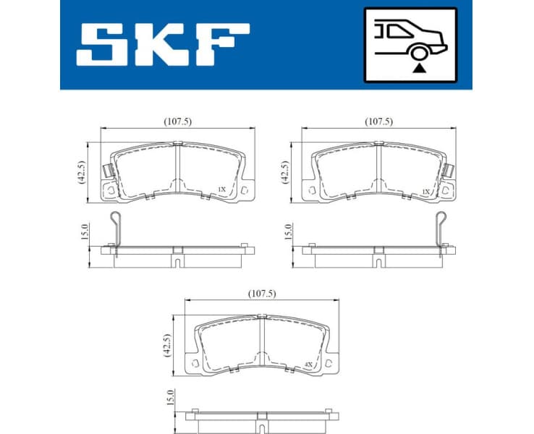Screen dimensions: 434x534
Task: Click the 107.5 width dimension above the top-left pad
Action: point(177,122)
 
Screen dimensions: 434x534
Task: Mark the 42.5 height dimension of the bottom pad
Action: point(167,344)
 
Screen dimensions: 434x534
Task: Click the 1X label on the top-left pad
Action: point(222,190)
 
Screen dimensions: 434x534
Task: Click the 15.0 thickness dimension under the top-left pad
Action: point(83,232)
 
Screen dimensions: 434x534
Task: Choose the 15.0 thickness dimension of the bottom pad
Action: point(169,398)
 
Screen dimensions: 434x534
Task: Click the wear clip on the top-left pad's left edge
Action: point(106,172)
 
